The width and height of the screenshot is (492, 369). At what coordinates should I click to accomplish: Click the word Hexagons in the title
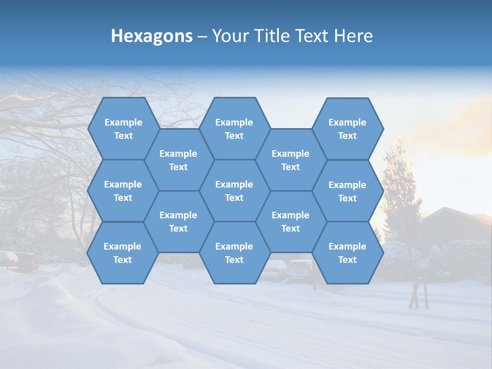152,36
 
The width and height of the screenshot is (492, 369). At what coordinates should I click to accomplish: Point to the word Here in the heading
353,36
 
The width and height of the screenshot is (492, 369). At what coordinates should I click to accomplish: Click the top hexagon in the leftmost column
123,129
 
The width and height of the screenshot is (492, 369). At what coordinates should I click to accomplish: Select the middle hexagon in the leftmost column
123,191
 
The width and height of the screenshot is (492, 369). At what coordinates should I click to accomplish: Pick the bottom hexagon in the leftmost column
122,253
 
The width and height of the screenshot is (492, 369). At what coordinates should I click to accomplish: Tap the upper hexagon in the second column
178,160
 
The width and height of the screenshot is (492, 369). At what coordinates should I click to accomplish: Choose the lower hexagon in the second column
178,221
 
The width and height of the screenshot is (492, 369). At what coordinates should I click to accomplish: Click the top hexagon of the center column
234,129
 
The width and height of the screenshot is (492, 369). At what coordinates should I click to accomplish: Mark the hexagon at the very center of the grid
234,191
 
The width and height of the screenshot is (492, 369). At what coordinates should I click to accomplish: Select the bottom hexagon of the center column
234,253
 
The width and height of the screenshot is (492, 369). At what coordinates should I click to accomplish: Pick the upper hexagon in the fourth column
291,160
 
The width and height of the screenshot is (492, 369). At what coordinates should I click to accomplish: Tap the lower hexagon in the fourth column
291,221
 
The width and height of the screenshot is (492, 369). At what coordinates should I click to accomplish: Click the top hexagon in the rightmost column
347,129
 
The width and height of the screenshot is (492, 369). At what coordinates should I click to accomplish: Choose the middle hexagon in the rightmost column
347,191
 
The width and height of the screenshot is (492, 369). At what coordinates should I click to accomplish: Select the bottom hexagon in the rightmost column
347,253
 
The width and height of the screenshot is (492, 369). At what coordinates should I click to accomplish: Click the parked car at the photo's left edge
20,260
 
